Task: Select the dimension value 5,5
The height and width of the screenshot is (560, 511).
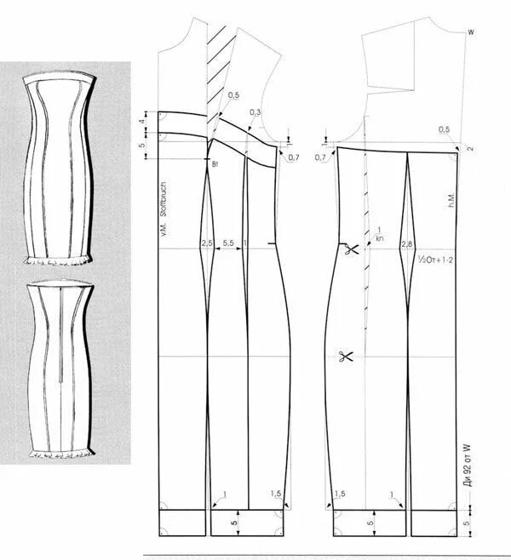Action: [x=228, y=243]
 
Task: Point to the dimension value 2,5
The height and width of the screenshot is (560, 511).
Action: [x=207, y=243]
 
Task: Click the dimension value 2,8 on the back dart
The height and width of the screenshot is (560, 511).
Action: [x=406, y=244]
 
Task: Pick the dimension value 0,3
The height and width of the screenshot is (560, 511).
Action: [x=255, y=113]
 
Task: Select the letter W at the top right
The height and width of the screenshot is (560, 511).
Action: [x=470, y=33]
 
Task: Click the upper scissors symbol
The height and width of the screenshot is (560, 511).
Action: [x=347, y=249]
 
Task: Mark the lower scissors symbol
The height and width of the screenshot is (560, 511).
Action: [x=344, y=357]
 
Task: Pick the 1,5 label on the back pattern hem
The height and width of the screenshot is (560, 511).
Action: [x=340, y=494]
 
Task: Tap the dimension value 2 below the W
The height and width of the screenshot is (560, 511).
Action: [x=470, y=150]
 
